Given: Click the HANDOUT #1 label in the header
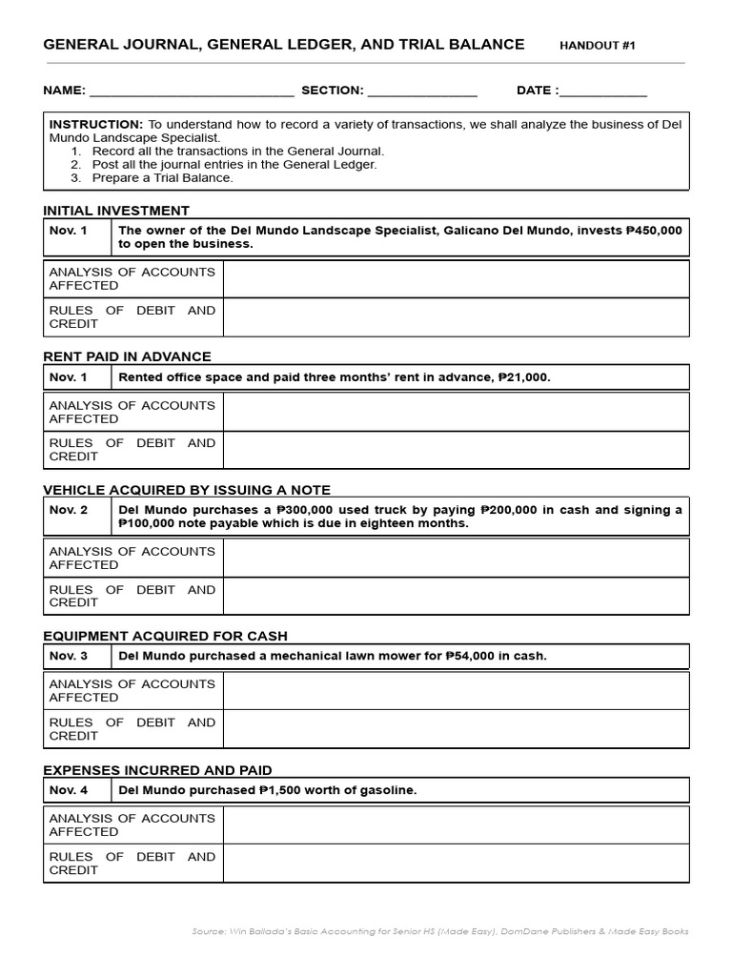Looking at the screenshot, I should [597, 45].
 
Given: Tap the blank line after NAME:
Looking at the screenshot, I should [191, 91].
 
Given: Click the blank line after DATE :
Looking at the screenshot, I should [603, 91].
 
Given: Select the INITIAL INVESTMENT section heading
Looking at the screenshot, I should [116, 211].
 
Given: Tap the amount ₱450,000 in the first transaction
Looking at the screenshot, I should [654, 231].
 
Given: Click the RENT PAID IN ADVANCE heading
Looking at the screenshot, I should [127, 356].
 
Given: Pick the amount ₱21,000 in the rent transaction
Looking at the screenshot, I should [523, 377].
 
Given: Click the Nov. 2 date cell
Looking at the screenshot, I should [69, 510].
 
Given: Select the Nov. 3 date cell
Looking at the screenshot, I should [69, 656].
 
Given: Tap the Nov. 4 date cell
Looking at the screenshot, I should [69, 790].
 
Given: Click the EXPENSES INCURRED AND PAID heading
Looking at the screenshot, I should [157, 770].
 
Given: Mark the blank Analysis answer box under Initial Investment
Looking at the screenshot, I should [456, 279].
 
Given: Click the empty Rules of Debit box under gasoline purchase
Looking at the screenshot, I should [456, 864].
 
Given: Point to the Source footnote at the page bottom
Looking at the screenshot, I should [439, 931].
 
